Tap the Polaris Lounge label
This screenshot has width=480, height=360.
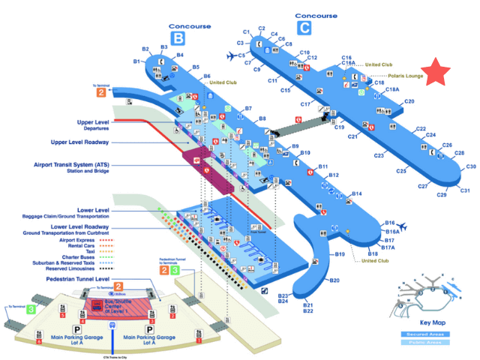[406, 76]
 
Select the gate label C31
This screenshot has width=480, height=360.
[465, 190]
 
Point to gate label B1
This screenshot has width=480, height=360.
[137, 61]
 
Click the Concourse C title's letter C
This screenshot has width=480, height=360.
[303, 28]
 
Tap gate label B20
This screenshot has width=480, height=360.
[334, 280]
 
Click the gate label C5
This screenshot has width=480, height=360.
[242, 55]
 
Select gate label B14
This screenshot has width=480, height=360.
[358, 194]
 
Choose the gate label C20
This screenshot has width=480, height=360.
[409, 101]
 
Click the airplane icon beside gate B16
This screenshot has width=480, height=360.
[403, 224]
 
